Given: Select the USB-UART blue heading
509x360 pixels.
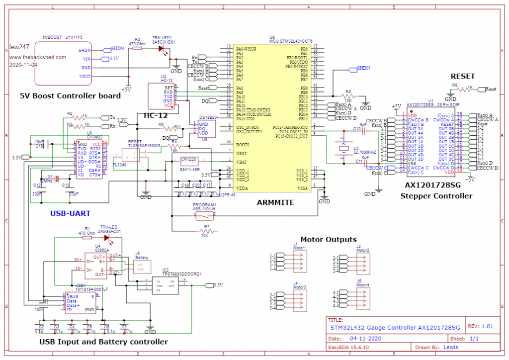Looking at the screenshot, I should tap(70, 213).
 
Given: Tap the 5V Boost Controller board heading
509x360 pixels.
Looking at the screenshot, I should tap(70, 95).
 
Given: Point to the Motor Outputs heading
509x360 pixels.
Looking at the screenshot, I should tap(328, 239).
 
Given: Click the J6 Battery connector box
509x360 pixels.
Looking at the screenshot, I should tap(142, 266).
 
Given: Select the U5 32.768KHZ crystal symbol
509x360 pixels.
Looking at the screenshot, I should tap(343, 147).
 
